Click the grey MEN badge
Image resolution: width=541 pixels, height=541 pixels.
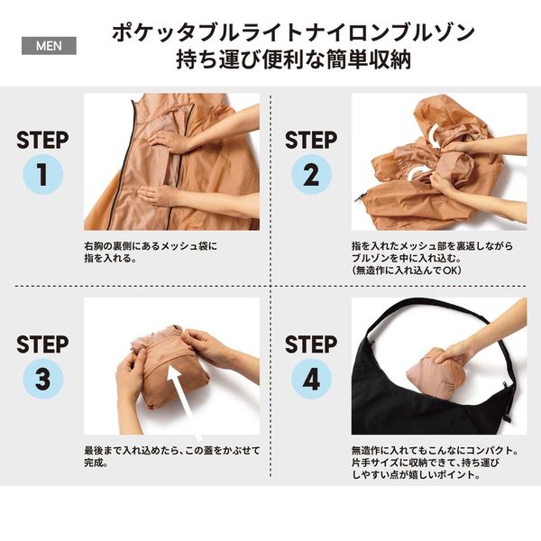click(49, 46)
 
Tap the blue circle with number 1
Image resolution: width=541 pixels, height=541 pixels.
click(42, 174)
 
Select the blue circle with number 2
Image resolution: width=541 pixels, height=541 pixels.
click(311, 174)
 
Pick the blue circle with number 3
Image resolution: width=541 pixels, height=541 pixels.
click(42, 379)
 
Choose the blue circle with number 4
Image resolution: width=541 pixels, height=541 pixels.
click(311, 379)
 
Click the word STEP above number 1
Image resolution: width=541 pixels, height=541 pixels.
click(42, 140)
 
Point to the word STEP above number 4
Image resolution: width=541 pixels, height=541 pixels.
click(311, 344)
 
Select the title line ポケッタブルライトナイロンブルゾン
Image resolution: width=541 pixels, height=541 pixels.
click(293, 32)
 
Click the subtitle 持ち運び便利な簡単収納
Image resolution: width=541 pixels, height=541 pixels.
click(293, 60)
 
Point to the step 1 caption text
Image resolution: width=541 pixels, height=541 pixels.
click(151, 252)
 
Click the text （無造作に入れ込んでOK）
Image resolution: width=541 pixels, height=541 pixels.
click(407, 270)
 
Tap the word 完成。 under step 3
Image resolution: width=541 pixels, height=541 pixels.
click(96, 463)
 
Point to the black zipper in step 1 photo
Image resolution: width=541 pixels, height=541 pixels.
click(119, 162)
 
